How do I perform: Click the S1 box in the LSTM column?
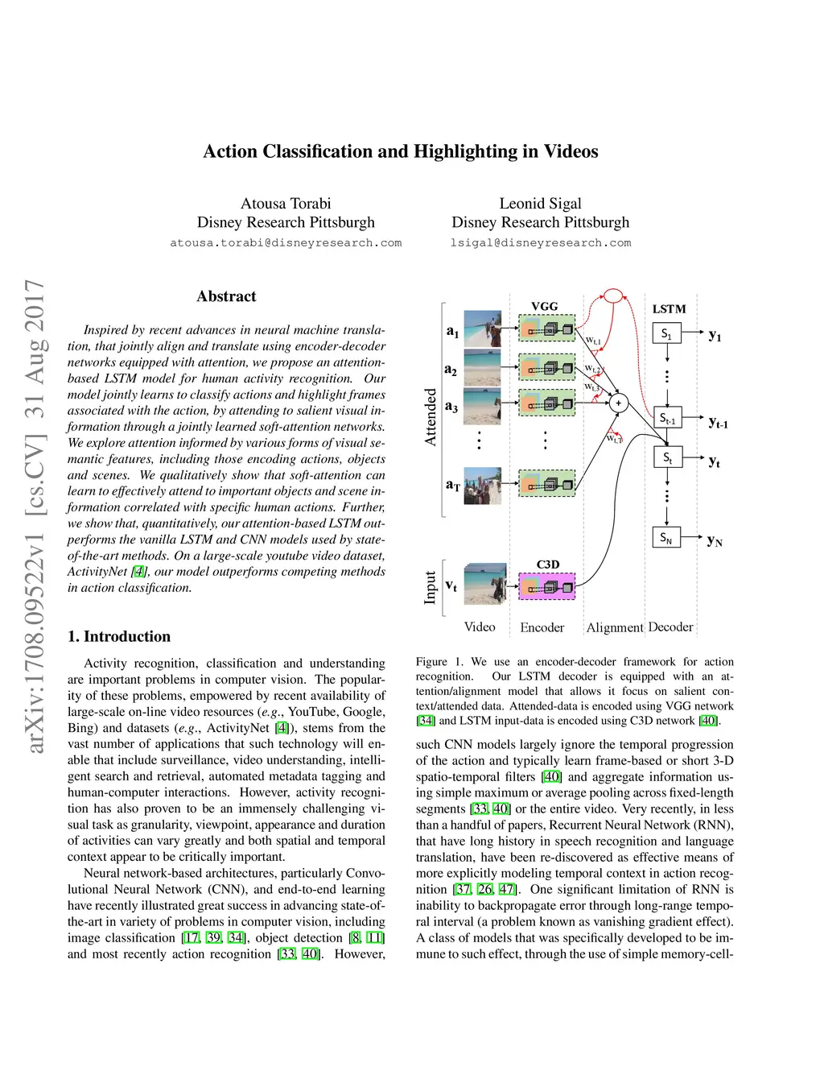(666, 333)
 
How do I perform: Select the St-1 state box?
(668, 417)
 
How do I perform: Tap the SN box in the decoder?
(665, 538)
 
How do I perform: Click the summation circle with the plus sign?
(618, 403)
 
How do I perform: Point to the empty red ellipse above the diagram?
(614, 296)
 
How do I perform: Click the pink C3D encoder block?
(547, 586)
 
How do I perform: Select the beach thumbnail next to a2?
(482, 368)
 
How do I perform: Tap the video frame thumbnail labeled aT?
(482, 486)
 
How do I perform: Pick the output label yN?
(715, 541)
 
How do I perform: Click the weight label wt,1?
(593, 341)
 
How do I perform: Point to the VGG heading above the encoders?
(545, 307)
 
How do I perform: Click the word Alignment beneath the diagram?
(615, 627)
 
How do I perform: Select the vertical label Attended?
(431, 417)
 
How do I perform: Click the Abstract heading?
(226, 296)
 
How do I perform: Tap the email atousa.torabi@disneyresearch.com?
(286, 243)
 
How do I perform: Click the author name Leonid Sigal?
(541, 204)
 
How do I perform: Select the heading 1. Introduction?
(119, 636)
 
